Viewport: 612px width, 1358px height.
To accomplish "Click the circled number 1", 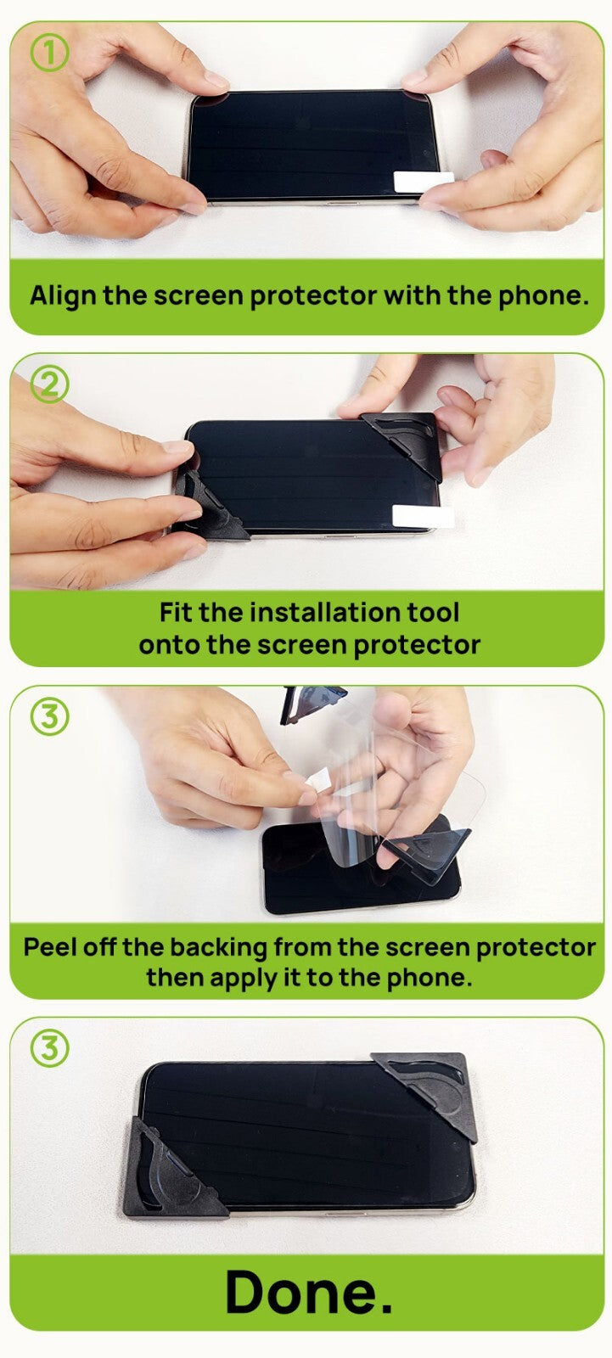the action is (x=50, y=53).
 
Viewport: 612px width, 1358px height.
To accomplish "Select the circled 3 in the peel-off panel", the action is (x=50, y=716).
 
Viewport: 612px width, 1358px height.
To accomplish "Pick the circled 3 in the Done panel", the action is (x=50, y=1048).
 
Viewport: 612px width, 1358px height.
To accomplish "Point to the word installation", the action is (x=326, y=612).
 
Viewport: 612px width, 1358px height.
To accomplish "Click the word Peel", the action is (x=51, y=947).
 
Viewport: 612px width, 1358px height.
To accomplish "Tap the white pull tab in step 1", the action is (x=424, y=181).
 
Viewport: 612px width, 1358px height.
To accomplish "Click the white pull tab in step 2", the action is (x=424, y=516).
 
